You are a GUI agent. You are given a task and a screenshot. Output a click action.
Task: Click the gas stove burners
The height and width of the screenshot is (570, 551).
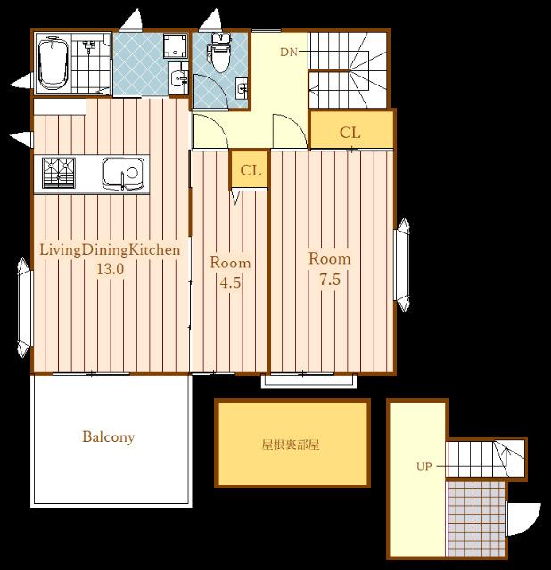click(x=59, y=170)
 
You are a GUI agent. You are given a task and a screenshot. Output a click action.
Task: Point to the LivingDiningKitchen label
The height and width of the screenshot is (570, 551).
click(x=110, y=249)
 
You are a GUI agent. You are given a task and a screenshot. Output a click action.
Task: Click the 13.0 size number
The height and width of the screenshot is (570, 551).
click(x=110, y=269)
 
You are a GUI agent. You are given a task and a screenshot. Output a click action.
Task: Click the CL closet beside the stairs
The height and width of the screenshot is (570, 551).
click(x=350, y=133)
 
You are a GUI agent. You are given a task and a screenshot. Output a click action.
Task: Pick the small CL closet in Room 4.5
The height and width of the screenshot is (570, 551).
click(x=251, y=170)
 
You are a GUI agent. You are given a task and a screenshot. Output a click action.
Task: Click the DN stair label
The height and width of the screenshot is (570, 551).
click(x=288, y=53)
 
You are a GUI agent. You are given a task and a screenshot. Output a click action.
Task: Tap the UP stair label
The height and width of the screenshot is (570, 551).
click(x=424, y=466)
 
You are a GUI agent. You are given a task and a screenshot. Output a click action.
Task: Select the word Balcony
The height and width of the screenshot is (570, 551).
click(x=108, y=437)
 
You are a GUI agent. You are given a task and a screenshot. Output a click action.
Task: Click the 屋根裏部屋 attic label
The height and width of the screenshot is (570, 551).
click(x=291, y=444)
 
